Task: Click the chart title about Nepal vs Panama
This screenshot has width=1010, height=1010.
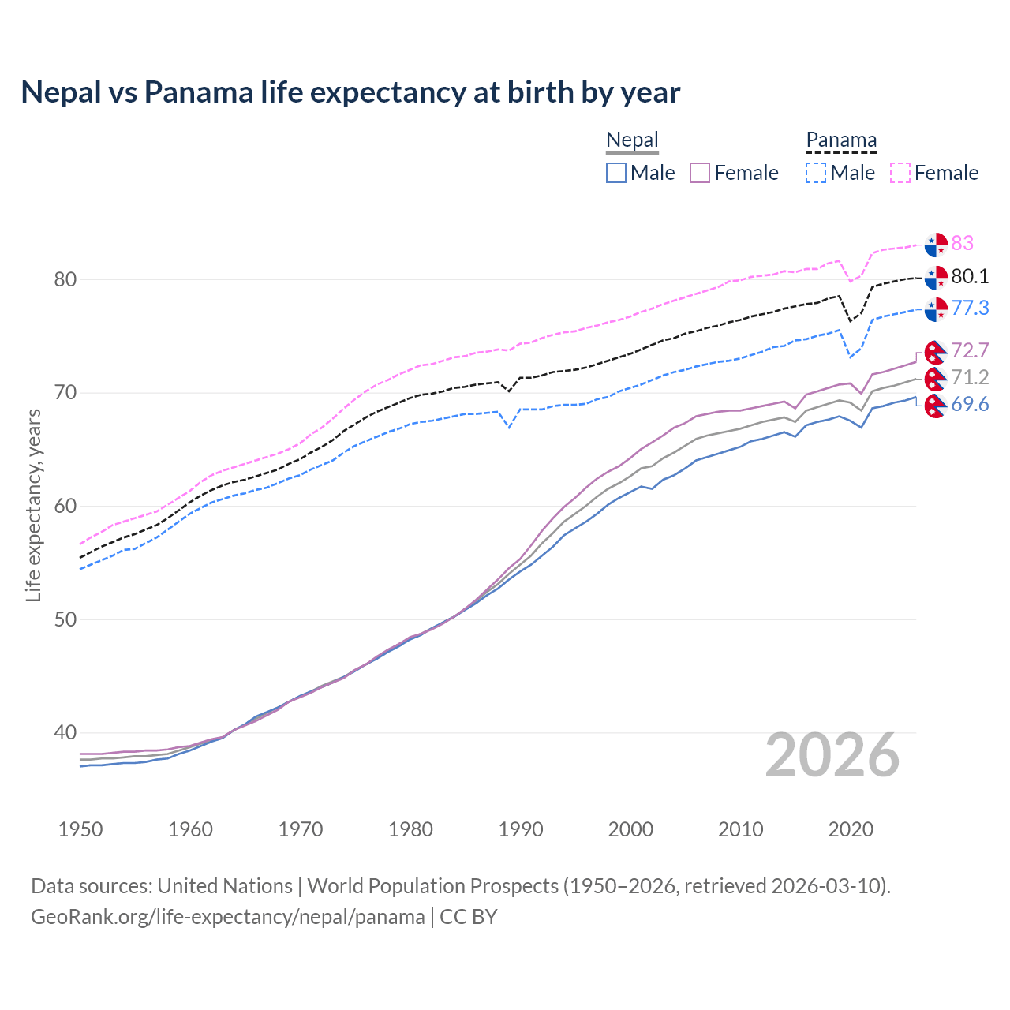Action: click(350, 92)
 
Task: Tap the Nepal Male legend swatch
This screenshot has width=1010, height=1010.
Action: click(616, 173)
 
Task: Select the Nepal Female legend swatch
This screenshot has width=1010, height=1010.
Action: click(700, 173)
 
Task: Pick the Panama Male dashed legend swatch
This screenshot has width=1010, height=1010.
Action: click(816, 173)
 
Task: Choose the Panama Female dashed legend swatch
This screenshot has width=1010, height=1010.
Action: click(900, 173)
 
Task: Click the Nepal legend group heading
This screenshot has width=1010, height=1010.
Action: click(632, 140)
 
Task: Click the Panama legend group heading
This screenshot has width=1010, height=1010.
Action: click(841, 140)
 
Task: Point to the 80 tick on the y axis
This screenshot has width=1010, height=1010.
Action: click(65, 279)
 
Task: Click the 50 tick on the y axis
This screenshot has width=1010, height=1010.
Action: click(65, 619)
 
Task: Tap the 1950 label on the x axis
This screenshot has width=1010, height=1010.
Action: click(80, 829)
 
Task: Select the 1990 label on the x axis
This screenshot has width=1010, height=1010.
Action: click(521, 829)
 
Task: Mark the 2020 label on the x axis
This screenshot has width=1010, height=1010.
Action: click(851, 829)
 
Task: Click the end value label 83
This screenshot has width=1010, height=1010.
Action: click(962, 243)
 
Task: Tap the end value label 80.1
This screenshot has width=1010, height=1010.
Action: click(970, 276)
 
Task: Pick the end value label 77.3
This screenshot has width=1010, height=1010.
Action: click(970, 308)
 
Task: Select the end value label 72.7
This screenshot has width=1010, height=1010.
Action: click(970, 350)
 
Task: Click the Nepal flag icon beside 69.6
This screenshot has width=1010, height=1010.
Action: click(935, 406)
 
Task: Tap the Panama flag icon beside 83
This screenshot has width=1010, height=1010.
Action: click(936, 245)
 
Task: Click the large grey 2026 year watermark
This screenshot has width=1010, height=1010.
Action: click(832, 755)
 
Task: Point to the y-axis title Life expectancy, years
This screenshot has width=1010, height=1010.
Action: click(33, 505)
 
